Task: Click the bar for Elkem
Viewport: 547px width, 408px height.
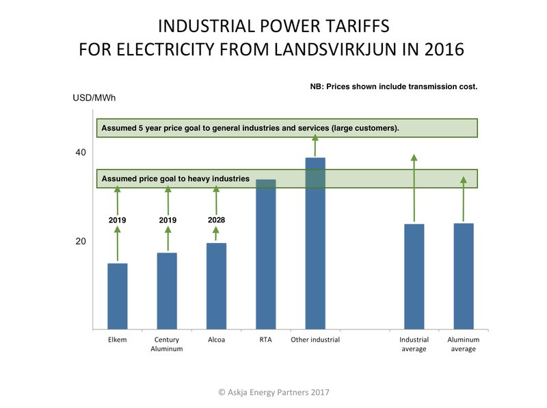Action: click(118, 296)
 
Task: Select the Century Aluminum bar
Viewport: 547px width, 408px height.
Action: click(167, 291)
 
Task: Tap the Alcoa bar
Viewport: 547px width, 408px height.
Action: click(216, 286)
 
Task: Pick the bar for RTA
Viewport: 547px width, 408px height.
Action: click(266, 254)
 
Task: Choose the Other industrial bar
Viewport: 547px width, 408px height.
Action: click(315, 243)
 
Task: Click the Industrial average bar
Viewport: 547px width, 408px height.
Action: click(414, 277)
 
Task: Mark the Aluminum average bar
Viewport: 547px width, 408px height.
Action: click(464, 276)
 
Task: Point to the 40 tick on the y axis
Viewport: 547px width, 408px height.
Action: click(81, 153)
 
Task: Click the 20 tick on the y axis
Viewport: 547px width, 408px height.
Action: click(81, 242)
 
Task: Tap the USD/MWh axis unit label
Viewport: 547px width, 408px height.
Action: click(94, 98)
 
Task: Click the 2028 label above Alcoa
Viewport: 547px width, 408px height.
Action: click(216, 220)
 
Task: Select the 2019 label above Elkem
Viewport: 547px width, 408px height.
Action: click(118, 220)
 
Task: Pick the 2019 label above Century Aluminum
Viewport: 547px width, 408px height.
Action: click(168, 220)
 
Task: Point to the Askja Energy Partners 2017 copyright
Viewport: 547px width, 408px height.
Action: click(273, 392)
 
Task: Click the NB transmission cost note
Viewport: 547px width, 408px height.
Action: click(393, 86)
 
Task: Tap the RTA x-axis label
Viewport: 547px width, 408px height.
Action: click(266, 340)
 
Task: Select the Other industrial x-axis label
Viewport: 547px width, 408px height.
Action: click(315, 340)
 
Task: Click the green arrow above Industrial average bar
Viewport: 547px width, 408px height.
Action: click(414, 188)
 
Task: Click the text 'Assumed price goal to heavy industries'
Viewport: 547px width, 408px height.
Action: click(176, 179)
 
